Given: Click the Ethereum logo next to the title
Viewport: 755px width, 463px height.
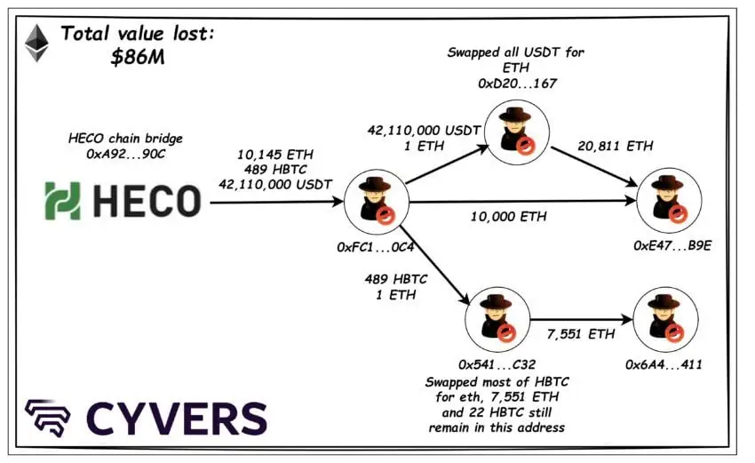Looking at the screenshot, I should [36, 44].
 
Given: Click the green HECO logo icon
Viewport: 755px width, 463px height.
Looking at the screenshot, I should [62, 202].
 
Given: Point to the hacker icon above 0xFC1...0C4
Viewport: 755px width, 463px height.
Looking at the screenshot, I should [375, 202].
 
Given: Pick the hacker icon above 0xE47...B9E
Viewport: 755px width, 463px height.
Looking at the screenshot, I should [669, 200].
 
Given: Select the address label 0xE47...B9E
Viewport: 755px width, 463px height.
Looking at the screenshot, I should [672, 244].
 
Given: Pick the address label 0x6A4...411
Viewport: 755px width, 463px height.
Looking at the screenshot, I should [664, 363].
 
